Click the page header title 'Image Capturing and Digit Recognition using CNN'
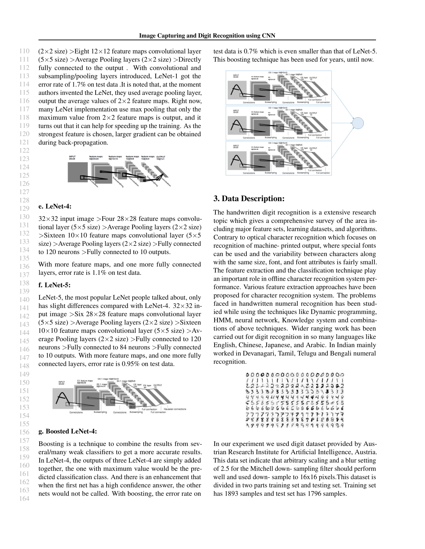207,36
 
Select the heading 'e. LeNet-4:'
55,206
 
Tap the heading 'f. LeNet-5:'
54,285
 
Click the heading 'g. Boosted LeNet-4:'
67,431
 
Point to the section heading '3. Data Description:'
249,199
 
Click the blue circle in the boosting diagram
358,123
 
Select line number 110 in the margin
24,51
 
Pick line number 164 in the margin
24,499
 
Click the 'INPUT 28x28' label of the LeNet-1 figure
72,158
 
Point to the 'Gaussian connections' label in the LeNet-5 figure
175,409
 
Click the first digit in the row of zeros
247,375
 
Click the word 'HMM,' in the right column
221,320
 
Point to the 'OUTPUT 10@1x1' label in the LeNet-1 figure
161,158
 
